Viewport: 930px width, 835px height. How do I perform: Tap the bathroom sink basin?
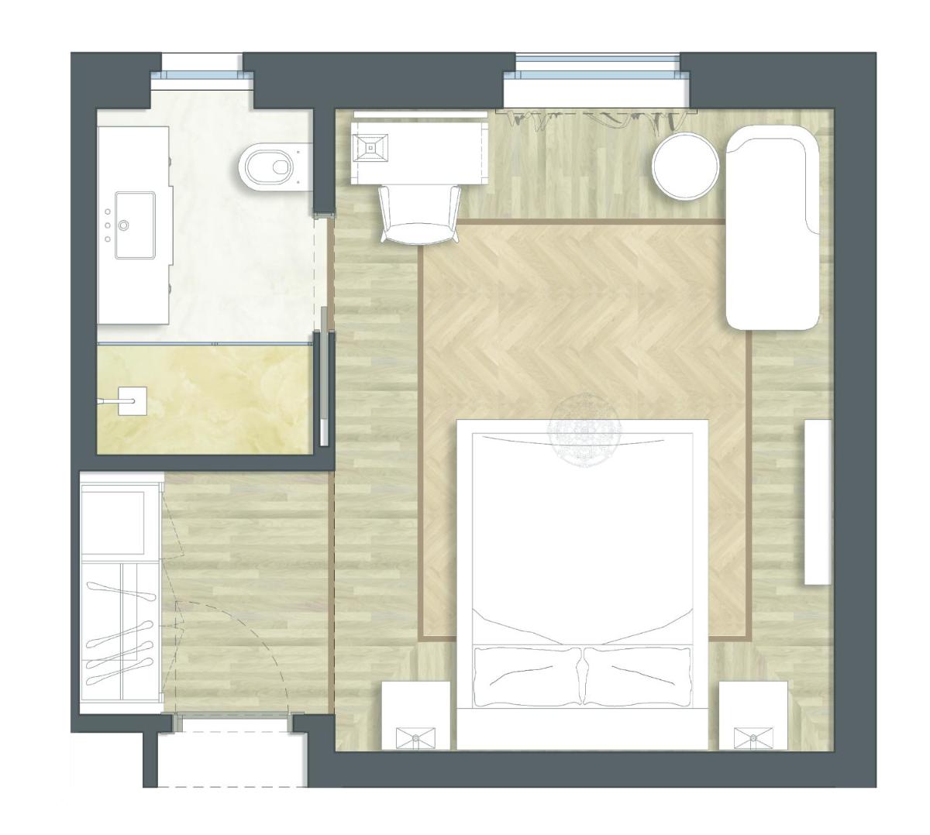point(133,225)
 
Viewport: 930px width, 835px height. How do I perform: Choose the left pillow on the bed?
point(527,675)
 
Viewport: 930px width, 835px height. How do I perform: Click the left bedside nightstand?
point(416,716)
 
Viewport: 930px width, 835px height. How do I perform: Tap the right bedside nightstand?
point(753,716)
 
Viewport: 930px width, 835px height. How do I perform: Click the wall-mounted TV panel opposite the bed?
point(818,502)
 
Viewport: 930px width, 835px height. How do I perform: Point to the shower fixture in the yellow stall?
point(124,401)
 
